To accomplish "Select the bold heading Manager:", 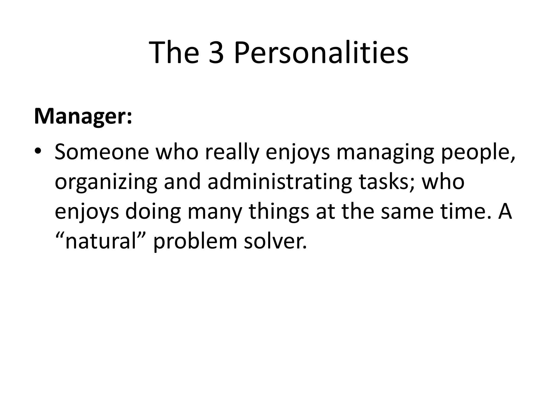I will click(83, 116).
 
